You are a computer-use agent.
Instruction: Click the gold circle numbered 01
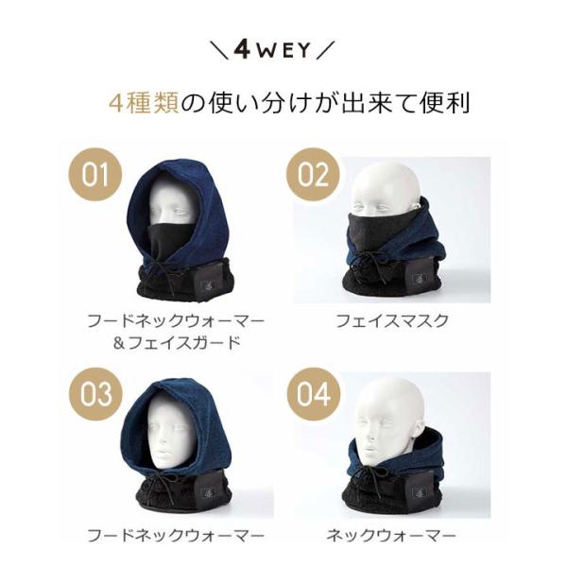(x=94, y=175)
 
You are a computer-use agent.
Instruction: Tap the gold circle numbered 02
(x=313, y=174)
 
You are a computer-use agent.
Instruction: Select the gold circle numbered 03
(x=95, y=393)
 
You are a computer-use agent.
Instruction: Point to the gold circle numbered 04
(x=314, y=394)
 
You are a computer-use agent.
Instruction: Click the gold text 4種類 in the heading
(x=144, y=103)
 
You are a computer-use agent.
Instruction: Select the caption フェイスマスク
(x=392, y=321)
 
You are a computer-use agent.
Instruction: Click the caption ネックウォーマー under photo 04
(x=390, y=536)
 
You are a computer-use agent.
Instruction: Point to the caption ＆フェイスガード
(x=177, y=342)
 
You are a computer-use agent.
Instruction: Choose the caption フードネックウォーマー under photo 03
(x=176, y=536)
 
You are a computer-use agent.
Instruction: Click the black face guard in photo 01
(x=167, y=240)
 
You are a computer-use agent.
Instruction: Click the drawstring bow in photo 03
(x=162, y=484)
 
